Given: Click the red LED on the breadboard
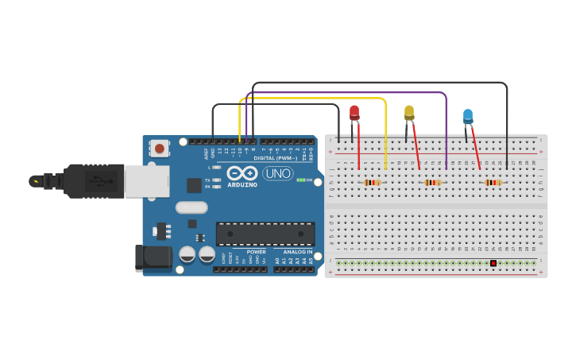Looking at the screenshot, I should tap(354, 113).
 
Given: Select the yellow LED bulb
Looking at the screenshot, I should tap(409, 112).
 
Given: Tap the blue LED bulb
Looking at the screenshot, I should tap(468, 116).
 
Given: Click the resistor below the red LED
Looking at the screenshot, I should tap(372, 182).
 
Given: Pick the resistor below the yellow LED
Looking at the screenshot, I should tap(432, 182).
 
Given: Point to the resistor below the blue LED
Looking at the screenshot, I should tap(493, 182).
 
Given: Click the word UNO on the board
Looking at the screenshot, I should tap(278, 173).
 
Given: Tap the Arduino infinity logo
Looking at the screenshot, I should tap(242, 173).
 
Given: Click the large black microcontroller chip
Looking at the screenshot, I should tap(265, 234).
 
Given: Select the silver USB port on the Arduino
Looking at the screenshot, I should tap(147, 181).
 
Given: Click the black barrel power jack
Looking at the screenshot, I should tap(153, 257).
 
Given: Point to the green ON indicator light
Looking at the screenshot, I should tap(301, 180).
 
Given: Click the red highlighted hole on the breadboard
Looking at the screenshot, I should tap(493, 263).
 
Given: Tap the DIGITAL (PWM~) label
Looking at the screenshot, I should tap(276, 157).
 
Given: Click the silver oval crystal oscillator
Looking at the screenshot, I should tap(191, 207).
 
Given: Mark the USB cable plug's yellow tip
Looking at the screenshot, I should tap(34, 181).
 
